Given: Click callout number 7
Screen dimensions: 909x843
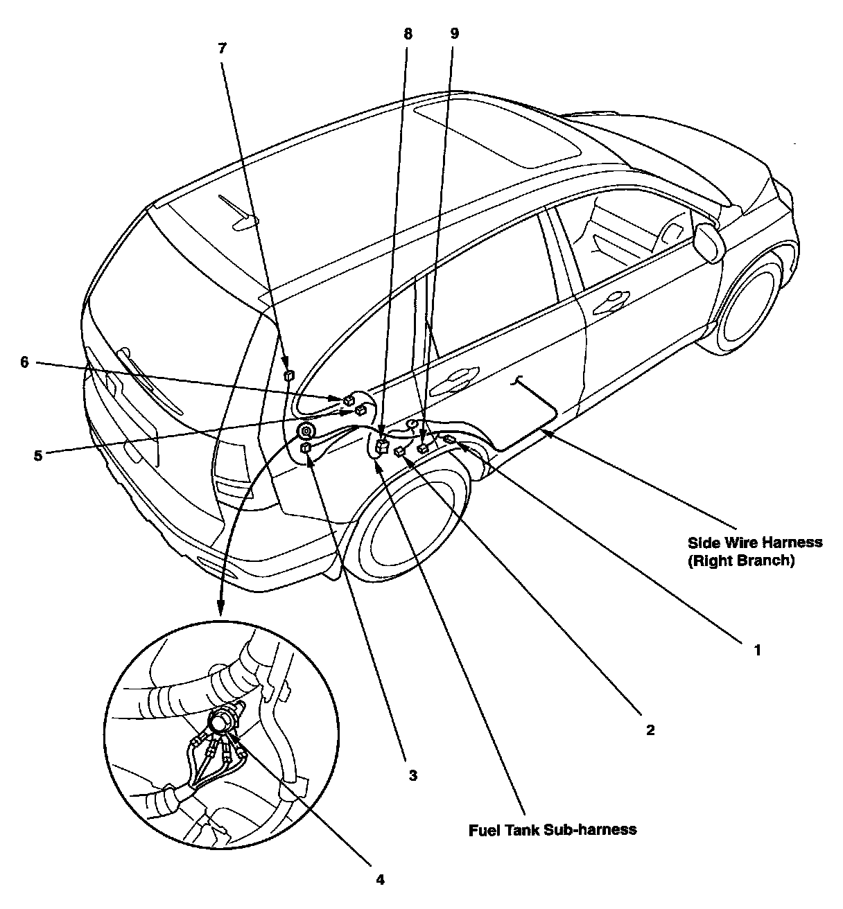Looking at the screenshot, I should point(222,48).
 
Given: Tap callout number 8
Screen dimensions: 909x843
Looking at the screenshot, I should point(408,33).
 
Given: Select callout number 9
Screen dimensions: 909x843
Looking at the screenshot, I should point(454,33).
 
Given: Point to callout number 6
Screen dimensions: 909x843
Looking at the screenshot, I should point(25,362).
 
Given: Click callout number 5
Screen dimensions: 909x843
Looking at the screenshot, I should point(37,455).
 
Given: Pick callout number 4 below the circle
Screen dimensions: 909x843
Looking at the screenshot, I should point(380,880).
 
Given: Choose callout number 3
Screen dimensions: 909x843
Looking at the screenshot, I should point(412,776).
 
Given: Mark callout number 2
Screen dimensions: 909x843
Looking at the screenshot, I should point(650,730).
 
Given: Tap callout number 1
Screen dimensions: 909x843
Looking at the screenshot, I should point(757,651).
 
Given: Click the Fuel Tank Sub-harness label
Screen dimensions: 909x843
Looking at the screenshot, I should point(553,829).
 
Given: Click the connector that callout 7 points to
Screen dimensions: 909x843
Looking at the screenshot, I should point(289,376).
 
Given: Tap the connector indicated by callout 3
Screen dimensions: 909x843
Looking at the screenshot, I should point(305,450).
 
